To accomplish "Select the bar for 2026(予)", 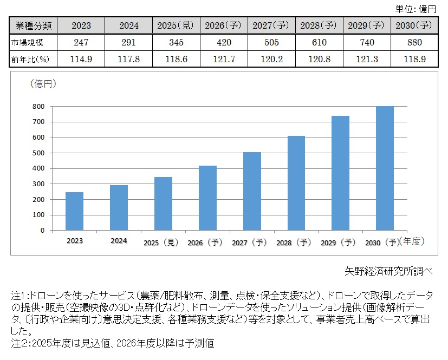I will point(207,198).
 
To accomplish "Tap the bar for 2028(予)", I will point(296,183).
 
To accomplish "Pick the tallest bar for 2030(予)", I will point(385,168).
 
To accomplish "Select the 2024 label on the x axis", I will point(119,240).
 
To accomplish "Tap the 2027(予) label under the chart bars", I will point(252,243).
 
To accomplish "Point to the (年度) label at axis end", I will point(410,242).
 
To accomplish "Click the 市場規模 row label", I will point(26,43).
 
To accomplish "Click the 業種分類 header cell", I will point(32,25).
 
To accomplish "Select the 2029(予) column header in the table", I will point(366,25).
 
